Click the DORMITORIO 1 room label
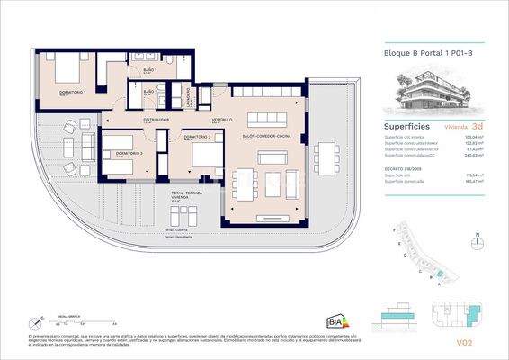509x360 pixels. coord(73,92)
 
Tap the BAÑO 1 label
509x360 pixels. coord(148,70)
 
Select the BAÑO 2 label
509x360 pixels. coord(148,91)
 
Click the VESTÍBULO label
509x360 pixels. coord(222,119)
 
